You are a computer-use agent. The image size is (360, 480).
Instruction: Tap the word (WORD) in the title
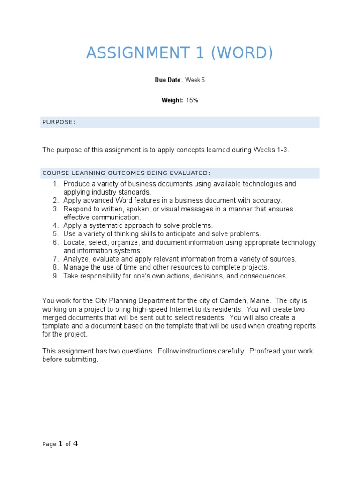[x=242, y=53]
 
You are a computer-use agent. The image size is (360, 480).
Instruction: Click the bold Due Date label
[x=167, y=80]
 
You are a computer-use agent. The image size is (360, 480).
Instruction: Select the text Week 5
[x=195, y=80]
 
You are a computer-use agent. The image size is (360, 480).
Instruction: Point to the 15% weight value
[x=192, y=100]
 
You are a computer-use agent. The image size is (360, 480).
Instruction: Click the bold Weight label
[x=172, y=100]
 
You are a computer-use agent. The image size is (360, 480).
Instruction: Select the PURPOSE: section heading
[x=59, y=122]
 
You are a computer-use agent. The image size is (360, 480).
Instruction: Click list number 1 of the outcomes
[x=55, y=184]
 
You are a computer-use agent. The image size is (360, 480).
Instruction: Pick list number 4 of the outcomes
[x=55, y=225]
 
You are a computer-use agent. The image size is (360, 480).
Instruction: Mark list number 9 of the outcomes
[x=55, y=276]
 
